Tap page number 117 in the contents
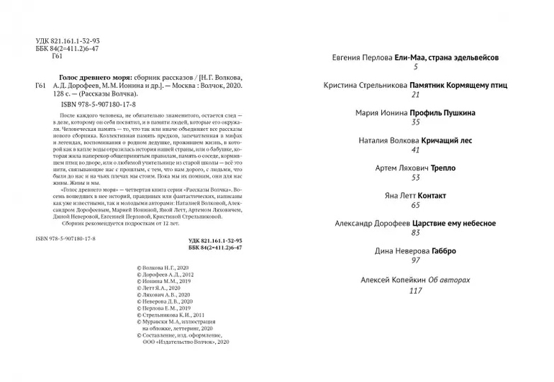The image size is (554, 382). click(414, 291)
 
